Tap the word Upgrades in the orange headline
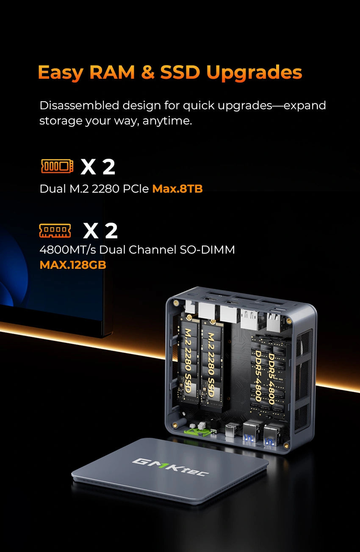point(254,72)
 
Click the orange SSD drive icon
point(57,166)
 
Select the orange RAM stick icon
point(55,231)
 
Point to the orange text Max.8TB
point(177,189)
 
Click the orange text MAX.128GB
point(72,265)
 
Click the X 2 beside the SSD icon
point(98,167)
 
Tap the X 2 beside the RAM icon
point(100,231)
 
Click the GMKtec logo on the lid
point(170,467)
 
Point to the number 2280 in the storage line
point(108,189)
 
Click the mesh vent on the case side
point(304,381)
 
